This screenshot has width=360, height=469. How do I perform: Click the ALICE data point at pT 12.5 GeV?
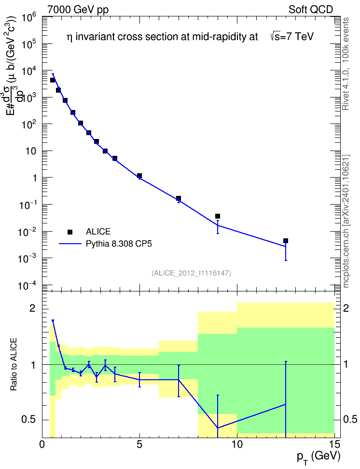(x=286, y=241)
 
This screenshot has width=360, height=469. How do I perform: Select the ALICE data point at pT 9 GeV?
(x=218, y=216)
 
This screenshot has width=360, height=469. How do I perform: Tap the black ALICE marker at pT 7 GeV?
(x=179, y=198)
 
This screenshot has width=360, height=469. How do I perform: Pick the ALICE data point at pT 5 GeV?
(x=139, y=176)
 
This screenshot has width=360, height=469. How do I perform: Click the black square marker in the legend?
(x=70, y=232)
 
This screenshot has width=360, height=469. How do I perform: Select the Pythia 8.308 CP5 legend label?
(x=119, y=244)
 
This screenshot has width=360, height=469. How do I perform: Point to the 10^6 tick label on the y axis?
(x=29, y=19)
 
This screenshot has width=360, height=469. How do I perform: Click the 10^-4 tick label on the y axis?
(x=28, y=286)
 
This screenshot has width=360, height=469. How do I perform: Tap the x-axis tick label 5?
(x=139, y=444)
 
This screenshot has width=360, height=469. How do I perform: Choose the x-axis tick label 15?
(x=334, y=444)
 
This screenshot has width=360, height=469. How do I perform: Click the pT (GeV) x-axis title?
(x=318, y=457)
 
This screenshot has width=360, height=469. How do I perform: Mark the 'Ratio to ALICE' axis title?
(x=14, y=364)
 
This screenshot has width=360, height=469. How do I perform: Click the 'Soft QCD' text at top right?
(x=311, y=10)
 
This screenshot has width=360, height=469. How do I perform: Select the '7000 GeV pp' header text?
(x=78, y=10)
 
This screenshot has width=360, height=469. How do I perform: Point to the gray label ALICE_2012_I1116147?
(x=191, y=273)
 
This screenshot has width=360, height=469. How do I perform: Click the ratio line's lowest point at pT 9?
(x=218, y=428)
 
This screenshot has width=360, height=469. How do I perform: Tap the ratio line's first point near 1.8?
(x=53, y=320)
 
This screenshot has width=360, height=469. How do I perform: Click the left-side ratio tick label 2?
(x=32, y=308)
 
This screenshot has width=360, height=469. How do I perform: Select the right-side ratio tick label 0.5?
(x=350, y=419)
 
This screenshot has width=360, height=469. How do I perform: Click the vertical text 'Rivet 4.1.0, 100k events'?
(x=346, y=64)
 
